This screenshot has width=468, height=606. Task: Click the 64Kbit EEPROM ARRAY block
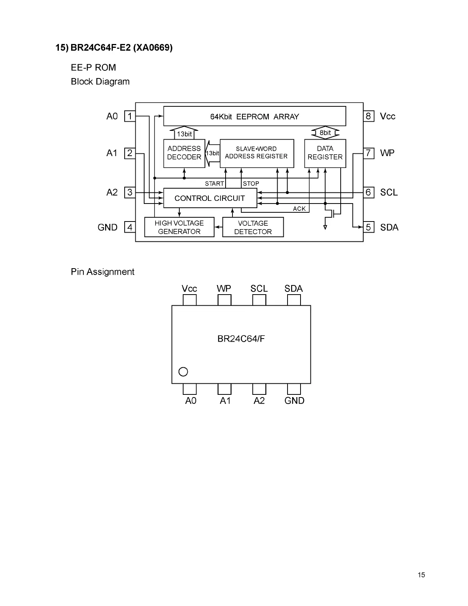click(x=255, y=116)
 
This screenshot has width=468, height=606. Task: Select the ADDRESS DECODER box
click(x=184, y=153)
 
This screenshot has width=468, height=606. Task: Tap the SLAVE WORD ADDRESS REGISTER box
click(x=257, y=153)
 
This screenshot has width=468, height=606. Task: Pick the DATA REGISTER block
click(x=325, y=153)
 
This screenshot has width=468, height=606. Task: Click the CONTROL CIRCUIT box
click(x=210, y=198)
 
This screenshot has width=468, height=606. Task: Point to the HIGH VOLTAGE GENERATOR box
click(x=179, y=227)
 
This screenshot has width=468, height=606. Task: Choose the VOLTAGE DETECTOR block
click(x=253, y=227)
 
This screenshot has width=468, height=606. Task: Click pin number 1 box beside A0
click(x=130, y=116)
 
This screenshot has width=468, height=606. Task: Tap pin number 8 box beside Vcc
click(x=368, y=116)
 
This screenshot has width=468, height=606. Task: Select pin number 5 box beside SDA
click(x=368, y=227)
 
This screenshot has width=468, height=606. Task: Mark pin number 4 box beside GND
click(x=130, y=227)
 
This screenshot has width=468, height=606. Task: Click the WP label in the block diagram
click(x=387, y=153)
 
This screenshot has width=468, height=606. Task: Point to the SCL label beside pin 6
click(x=389, y=192)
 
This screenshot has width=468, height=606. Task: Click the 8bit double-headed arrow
click(x=325, y=133)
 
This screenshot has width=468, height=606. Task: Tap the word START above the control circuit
click(x=214, y=184)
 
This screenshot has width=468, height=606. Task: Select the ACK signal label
click(x=299, y=209)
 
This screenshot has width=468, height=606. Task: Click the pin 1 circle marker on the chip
click(x=183, y=371)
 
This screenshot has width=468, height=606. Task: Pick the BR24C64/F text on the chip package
click(x=241, y=339)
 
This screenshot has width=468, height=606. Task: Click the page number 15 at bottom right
click(x=421, y=575)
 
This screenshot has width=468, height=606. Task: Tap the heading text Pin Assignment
click(x=102, y=272)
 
